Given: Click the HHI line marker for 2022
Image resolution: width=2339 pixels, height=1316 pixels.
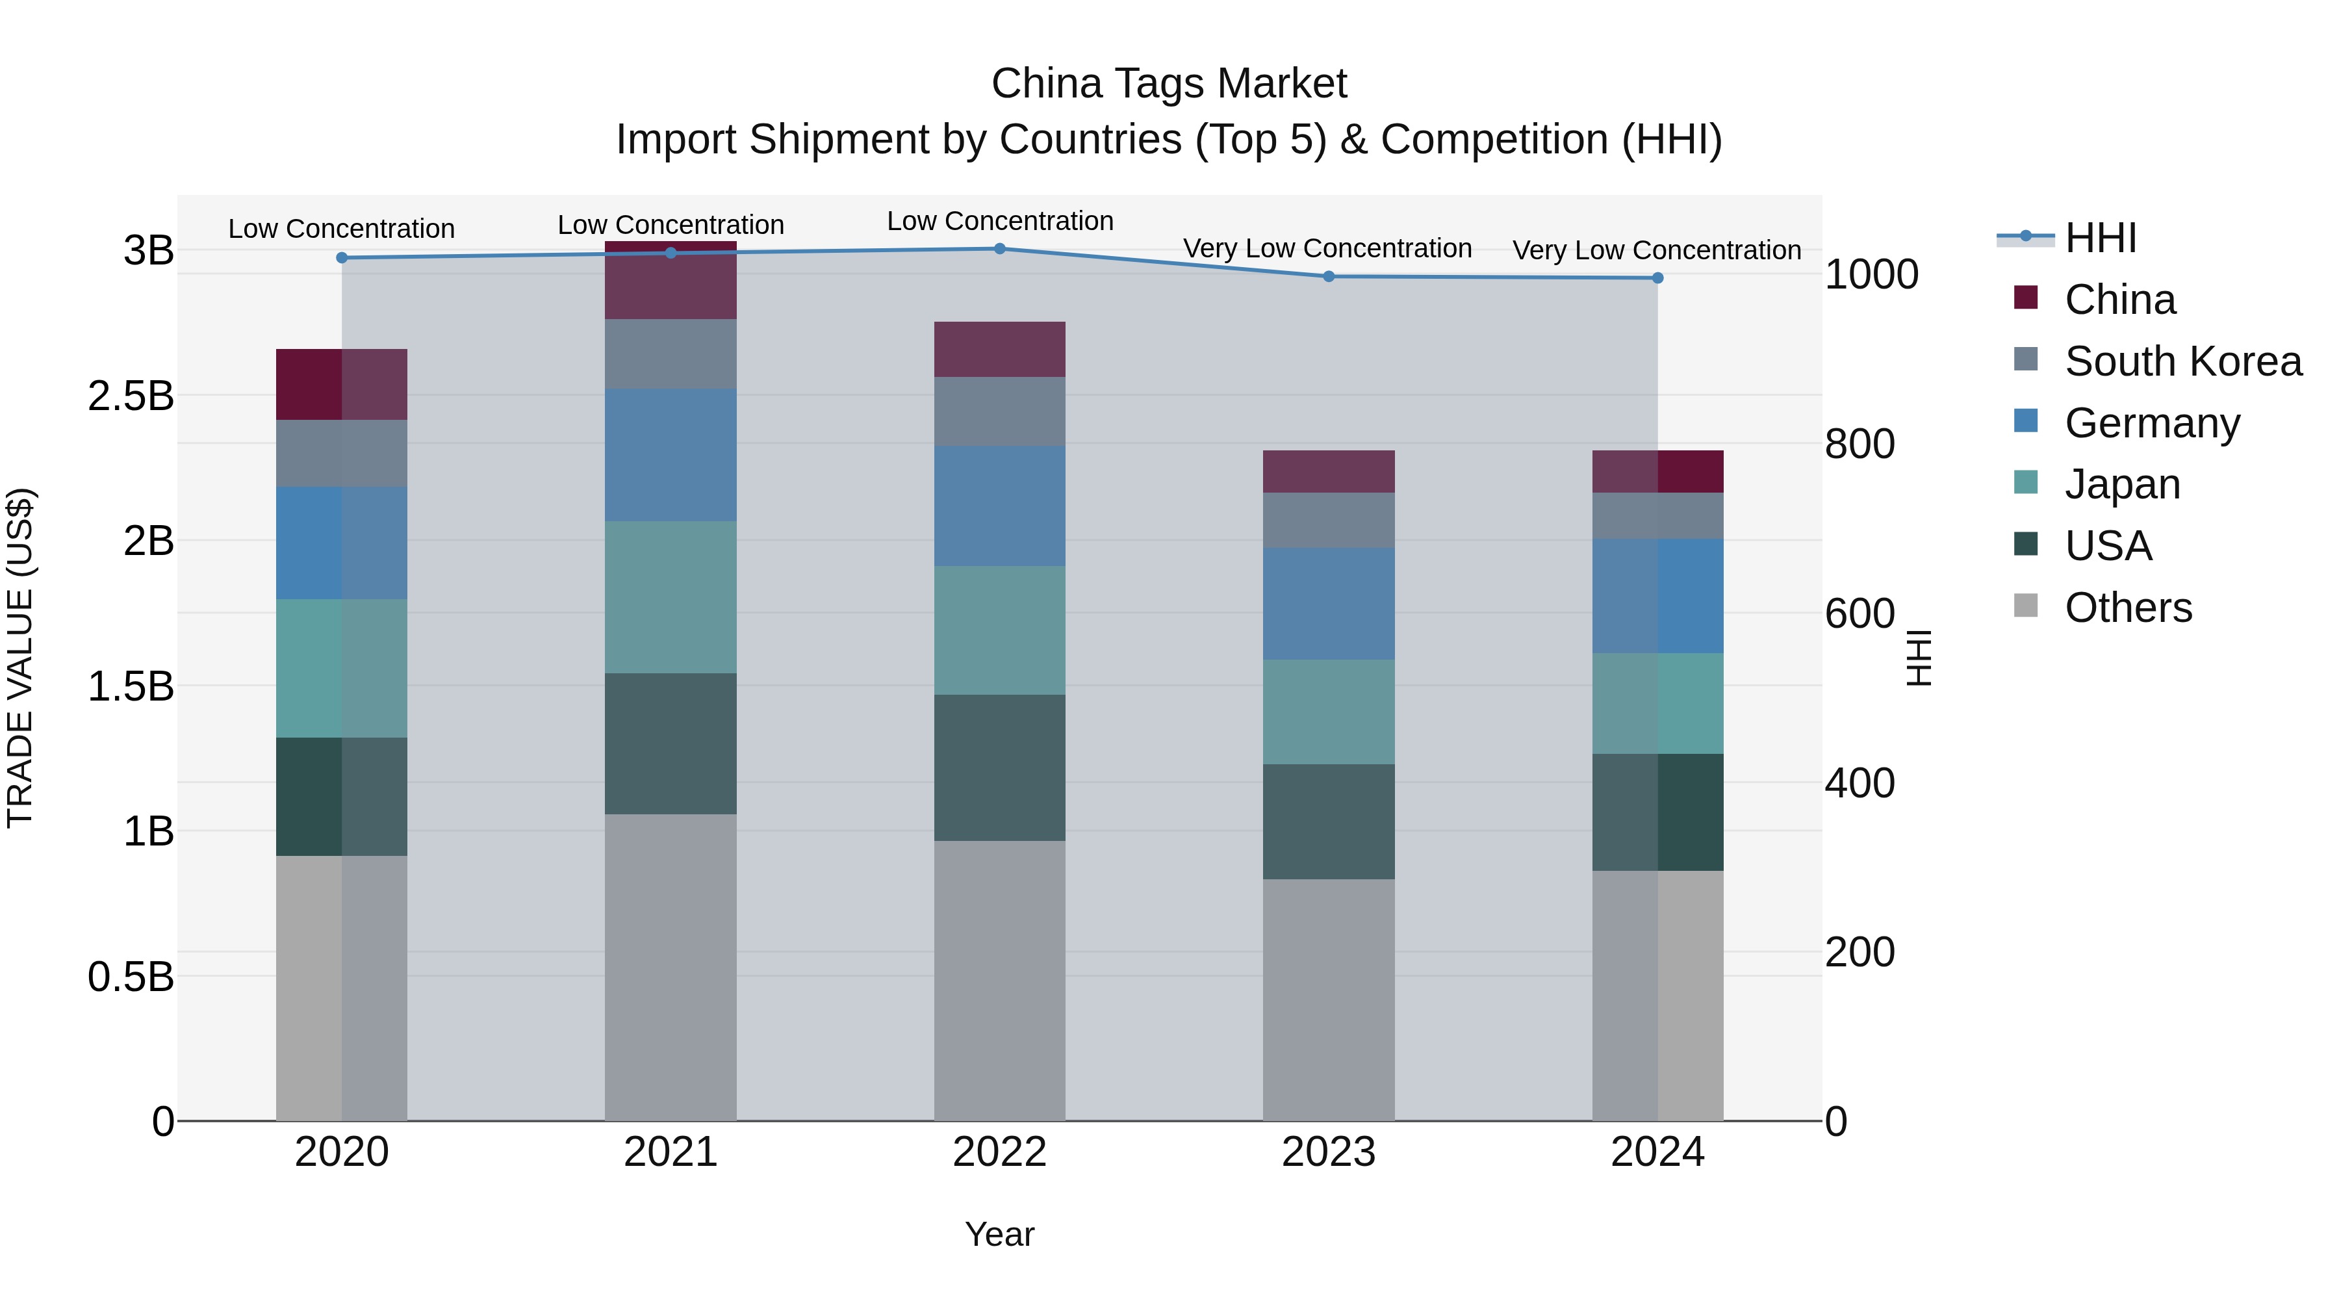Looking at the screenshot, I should click(x=1000, y=249).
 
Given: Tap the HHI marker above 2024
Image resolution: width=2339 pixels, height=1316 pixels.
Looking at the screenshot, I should click(x=1657, y=278).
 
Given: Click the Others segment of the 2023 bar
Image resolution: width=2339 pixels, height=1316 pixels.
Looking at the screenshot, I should click(x=1329, y=999).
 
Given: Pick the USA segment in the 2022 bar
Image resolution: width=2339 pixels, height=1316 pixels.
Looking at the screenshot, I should click(x=1000, y=768).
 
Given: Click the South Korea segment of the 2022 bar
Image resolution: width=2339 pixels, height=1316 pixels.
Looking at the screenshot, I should click(x=1000, y=411).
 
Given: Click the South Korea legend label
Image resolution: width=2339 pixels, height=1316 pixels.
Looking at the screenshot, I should click(x=2183, y=361).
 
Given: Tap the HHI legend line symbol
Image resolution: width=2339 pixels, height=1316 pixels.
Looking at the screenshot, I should click(x=2025, y=237).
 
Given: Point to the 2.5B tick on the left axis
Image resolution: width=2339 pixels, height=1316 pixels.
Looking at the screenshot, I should click(x=131, y=396).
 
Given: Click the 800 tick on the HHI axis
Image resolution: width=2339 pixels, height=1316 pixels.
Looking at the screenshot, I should click(x=1860, y=444).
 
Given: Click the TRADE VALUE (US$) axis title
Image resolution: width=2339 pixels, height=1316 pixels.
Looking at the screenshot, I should click(x=21, y=658).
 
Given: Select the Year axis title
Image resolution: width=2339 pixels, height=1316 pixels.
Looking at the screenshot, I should click(x=1000, y=1234).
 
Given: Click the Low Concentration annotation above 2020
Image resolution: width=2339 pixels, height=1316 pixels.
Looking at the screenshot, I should click(x=341, y=229).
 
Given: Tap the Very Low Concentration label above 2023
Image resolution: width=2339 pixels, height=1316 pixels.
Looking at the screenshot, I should click(x=1327, y=248).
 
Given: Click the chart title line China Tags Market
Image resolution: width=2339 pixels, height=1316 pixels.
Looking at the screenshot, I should click(x=1169, y=84).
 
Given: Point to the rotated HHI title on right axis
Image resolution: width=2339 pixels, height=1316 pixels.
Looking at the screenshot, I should click(x=1919, y=658).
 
